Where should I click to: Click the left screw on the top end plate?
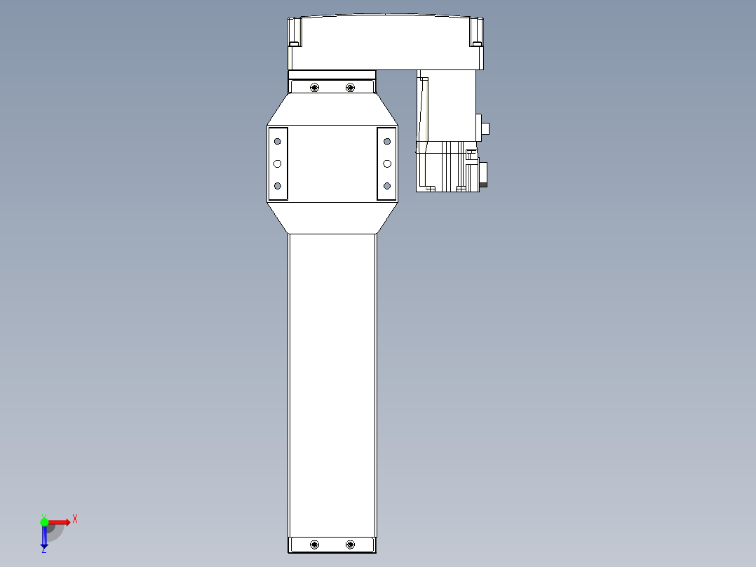tap(314, 87)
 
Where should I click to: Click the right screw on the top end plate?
tap(350, 87)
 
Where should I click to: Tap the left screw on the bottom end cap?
tap(314, 545)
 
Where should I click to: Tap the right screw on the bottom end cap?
tap(350, 545)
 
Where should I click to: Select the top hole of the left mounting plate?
tap(277, 142)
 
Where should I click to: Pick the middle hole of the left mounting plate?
tap(277, 164)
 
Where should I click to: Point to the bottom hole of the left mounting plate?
tap(277, 186)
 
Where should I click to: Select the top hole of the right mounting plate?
tap(386, 142)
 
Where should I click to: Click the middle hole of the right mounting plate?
tap(386, 164)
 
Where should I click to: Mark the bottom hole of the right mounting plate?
tap(386, 186)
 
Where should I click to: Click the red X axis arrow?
tap(60, 521)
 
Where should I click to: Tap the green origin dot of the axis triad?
tap(44, 521)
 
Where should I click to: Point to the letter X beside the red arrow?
tap(75, 519)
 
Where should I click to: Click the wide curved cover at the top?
tap(386, 42)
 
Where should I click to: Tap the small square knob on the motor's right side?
tap(485, 128)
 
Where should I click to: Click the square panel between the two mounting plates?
tap(332, 164)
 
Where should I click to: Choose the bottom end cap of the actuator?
tap(332, 545)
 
